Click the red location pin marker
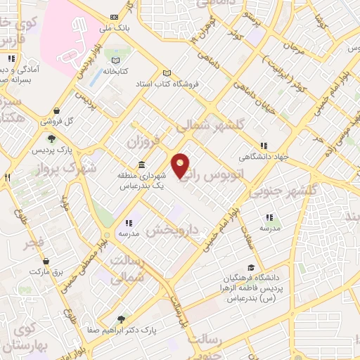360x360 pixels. (x=181, y=166)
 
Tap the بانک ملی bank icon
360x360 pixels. (x=115, y=18)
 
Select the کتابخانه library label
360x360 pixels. (x=117, y=71)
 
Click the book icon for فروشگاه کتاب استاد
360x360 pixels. (x=167, y=73)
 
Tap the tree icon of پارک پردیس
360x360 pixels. (x=51, y=138)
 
